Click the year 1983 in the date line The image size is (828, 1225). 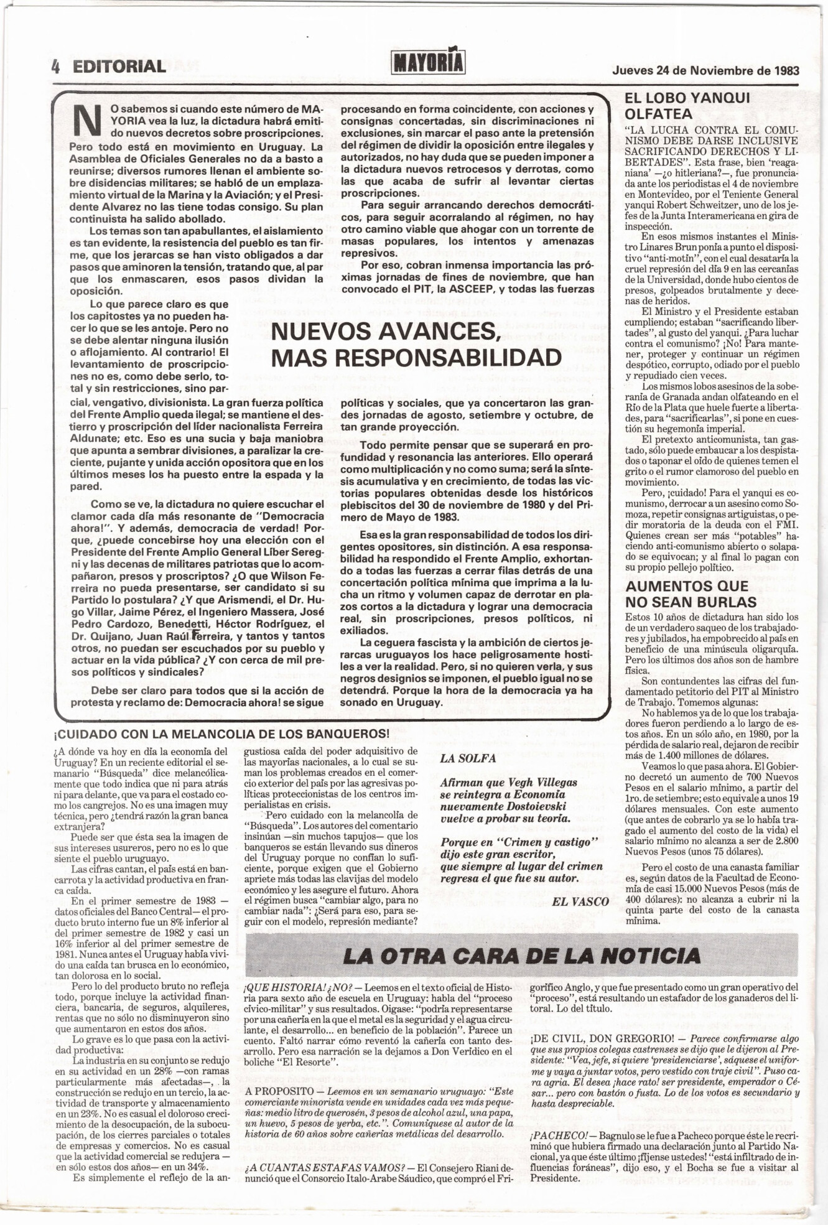click(787, 70)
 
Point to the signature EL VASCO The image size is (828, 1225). click(580, 901)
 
